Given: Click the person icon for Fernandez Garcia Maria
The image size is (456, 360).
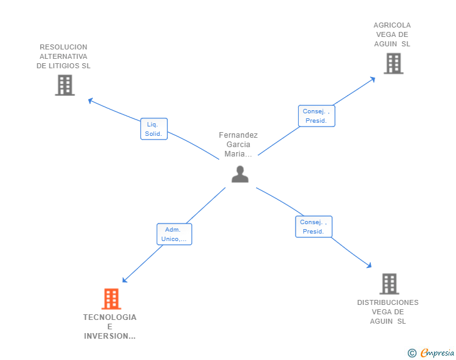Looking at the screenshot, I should point(240,174).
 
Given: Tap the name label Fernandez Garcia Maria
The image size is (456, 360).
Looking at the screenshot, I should point(238,145).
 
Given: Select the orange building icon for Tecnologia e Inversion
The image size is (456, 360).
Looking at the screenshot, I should point(111,299).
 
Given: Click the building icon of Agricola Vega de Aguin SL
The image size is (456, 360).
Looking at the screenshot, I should point(393,63).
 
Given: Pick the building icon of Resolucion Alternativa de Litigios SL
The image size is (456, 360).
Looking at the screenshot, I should point(65,85).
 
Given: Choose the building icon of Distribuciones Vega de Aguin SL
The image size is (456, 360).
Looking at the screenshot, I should point(389,284).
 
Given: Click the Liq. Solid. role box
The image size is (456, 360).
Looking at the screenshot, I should point(153,129).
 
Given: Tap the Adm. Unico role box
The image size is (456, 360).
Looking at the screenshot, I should point(174,234).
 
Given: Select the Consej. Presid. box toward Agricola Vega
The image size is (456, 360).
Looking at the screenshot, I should point(316,116).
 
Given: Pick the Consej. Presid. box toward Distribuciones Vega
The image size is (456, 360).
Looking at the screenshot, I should point(313,227).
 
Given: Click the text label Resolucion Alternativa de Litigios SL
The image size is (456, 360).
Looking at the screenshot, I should point(63,56).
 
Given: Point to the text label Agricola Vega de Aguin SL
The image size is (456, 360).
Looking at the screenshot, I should point(392,34).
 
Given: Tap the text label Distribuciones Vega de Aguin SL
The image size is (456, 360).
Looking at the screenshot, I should point(388,312).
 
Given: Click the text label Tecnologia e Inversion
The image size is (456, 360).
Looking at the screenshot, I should point(110,327).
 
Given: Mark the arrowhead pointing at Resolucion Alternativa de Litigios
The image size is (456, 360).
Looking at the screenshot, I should point(90,100).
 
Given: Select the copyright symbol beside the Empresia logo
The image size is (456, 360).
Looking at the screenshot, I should point(412,353).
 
